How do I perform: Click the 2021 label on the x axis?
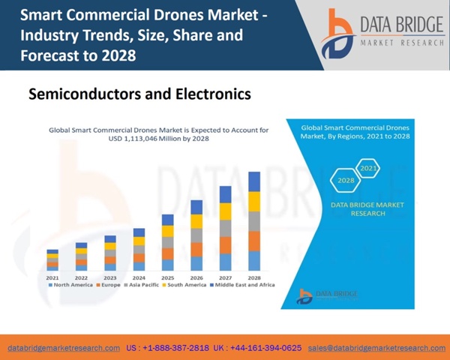pyautogui.click(x=52, y=277)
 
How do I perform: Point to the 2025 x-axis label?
pyautogui.click(x=168, y=277)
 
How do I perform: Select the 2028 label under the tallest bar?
pyautogui.click(x=254, y=277)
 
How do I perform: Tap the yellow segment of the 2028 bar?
pyautogui.click(x=254, y=202)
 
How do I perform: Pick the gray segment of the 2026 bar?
pyautogui.click(x=196, y=235)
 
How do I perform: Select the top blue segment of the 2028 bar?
pyautogui.click(x=254, y=181)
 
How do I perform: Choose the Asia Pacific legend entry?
pyautogui.click(x=143, y=285)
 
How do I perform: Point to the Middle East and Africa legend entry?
pyautogui.click(x=243, y=285)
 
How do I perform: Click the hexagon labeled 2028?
pyautogui.click(x=346, y=181)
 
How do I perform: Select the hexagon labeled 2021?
pyautogui.click(x=368, y=168)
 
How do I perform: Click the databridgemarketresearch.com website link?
pyautogui.click(x=64, y=348)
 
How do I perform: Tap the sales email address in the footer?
pyautogui.click(x=376, y=348)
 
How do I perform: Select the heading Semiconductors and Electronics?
pyautogui.click(x=139, y=95)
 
